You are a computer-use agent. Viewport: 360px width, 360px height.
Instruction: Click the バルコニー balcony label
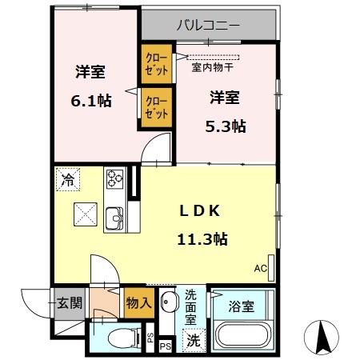[x=208, y=26]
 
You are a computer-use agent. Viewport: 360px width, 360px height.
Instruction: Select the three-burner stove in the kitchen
[x=114, y=180]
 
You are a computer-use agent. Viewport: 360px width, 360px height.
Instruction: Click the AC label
[x=260, y=267]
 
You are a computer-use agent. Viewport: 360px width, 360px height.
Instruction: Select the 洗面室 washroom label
[x=192, y=306]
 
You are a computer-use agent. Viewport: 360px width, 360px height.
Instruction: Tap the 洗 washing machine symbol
[x=193, y=339]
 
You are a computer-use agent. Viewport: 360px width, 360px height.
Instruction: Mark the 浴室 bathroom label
[x=241, y=305]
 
